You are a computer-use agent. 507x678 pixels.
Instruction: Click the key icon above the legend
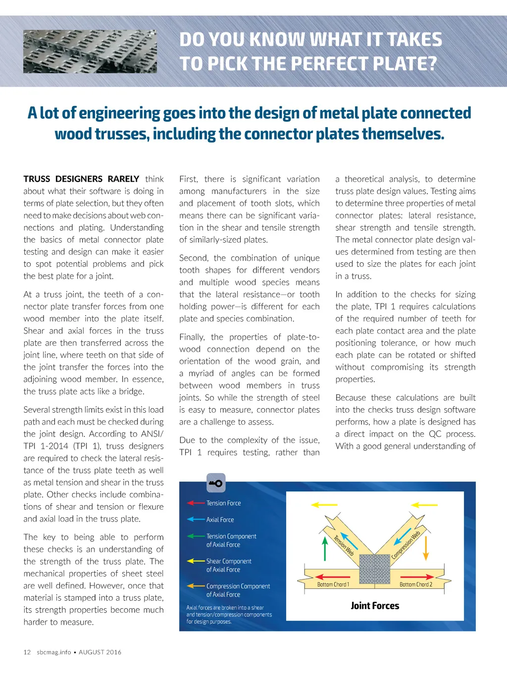(215, 483)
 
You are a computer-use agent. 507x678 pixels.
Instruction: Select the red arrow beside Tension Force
(196, 503)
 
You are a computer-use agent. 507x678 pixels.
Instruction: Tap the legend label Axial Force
(220, 520)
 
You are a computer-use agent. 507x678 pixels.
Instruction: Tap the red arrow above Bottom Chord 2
(416, 577)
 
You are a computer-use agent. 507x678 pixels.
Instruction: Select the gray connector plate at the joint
(375, 569)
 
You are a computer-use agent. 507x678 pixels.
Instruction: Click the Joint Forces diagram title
(375, 606)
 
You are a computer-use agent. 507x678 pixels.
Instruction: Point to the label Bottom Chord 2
(416, 584)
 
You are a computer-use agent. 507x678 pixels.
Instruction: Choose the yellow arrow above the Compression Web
(424, 505)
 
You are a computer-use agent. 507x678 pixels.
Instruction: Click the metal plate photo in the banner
(90, 51)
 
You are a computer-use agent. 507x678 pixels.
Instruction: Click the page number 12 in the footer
(27, 652)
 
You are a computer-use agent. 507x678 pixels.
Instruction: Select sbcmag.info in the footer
(54, 652)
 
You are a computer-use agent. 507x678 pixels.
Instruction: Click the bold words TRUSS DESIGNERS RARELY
(81, 179)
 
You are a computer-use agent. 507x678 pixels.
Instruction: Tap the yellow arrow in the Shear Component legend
(196, 561)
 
